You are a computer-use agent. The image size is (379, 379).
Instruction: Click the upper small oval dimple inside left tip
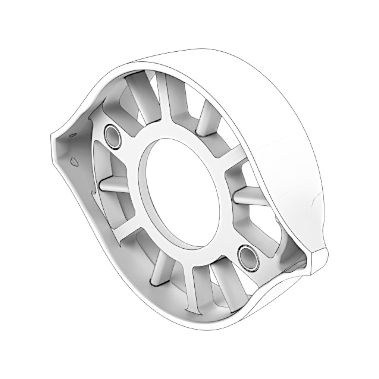72,135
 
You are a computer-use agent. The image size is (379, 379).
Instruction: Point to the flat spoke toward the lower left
126,236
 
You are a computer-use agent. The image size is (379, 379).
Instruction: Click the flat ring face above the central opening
168,134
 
